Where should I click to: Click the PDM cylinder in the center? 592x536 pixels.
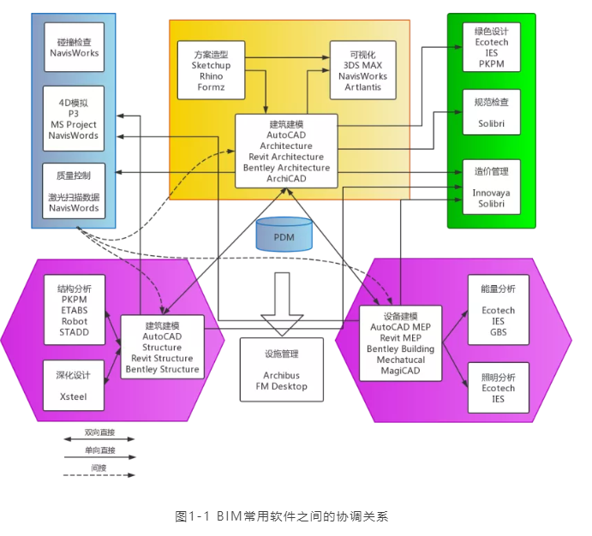coord(283,234)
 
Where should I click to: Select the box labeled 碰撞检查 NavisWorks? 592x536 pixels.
coord(74,46)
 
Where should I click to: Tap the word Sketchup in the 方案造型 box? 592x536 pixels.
coord(212,65)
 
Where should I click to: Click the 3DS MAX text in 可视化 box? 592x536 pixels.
coord(362,65)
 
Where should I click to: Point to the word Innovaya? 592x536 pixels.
coord(491,194)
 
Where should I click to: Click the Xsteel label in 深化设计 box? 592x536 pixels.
coord(74,397)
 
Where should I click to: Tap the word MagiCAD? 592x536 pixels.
coord(400,371)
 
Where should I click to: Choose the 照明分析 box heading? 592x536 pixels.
coord(498,376)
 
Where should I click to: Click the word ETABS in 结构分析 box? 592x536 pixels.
coord(74,311)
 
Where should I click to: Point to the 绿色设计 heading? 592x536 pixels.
coord(491,30)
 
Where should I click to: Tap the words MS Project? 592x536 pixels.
coord(74,124)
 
